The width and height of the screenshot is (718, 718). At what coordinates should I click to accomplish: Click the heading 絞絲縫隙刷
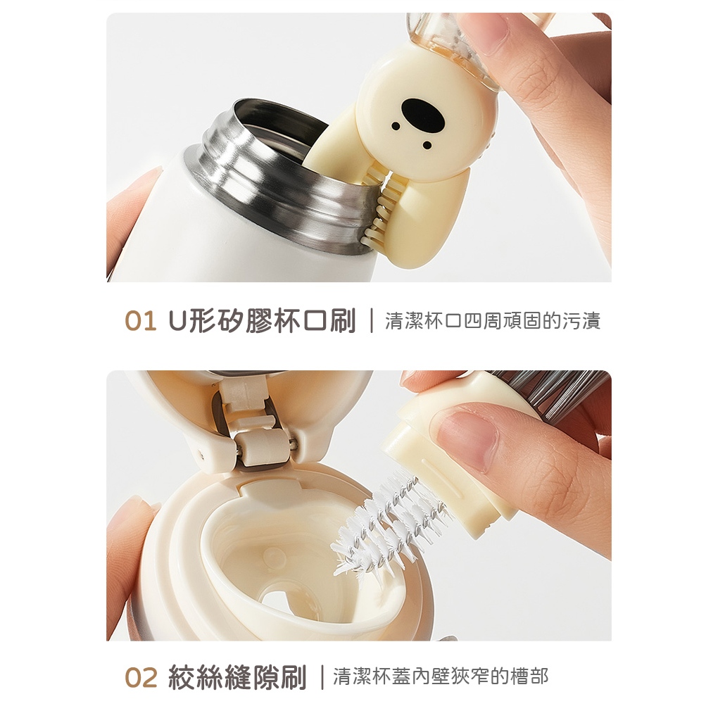(237, 677)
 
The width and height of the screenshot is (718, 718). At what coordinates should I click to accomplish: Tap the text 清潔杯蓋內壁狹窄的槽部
(441, 676)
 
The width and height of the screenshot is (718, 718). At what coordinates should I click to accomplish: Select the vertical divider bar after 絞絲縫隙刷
(322, 677)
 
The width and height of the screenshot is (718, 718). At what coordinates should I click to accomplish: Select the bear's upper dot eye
(396, 125)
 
